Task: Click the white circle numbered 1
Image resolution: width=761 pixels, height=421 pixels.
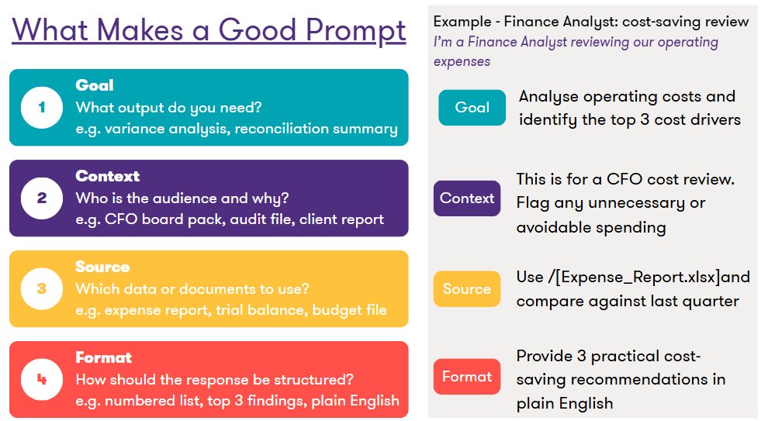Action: (x=42, y=108)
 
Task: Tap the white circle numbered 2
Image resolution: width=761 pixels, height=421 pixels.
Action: (x=42, y=198)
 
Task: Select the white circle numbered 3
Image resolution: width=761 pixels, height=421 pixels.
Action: (x=42, y=289)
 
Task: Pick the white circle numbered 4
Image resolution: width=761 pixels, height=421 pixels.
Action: (x=42, y=380)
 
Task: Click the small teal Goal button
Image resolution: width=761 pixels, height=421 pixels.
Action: (x=472, y=108)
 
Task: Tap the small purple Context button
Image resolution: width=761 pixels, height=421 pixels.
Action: (x=467, y=198)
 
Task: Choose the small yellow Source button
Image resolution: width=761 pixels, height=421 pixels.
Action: (x=467, y=289)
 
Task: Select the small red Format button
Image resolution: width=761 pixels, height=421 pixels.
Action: (x=467, y=377)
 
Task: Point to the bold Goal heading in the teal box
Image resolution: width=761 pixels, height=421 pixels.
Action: (x=95, y=85)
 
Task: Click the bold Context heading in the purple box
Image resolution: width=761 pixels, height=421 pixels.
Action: (x=108, y=176)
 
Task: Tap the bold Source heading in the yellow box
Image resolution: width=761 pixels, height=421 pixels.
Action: (x=103, y=267)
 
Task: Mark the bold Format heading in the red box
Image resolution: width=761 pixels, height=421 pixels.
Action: (x=104, y=357)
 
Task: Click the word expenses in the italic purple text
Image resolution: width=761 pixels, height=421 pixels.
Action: (x=462, y=62)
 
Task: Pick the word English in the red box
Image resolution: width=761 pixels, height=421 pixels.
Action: (x=375, y=401)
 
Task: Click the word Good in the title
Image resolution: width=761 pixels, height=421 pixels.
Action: (x=258, y=29)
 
